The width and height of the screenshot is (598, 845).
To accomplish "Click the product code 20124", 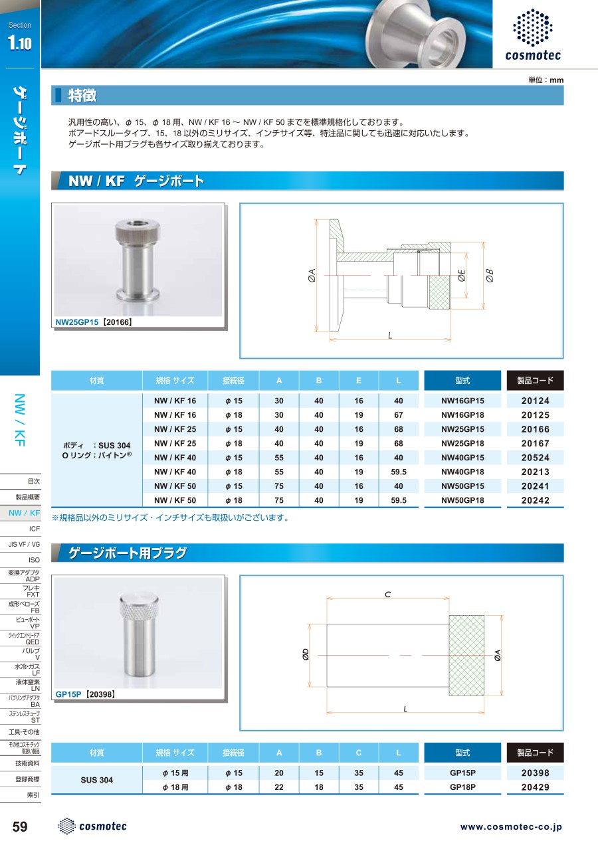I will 535,401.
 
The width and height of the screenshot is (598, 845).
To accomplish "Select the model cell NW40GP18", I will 462,472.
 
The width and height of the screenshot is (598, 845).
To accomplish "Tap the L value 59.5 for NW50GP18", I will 399,500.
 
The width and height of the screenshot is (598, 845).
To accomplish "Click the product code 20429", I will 535,787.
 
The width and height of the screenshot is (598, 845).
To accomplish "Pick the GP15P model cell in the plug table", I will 462,773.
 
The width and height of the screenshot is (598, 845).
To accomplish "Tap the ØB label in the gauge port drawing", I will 490,276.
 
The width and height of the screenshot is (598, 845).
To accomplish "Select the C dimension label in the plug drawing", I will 387,595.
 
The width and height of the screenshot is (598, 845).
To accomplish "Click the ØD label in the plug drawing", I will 306,655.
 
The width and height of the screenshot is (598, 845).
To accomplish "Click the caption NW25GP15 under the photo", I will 77,322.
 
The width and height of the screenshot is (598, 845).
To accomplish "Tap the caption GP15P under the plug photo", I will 68,694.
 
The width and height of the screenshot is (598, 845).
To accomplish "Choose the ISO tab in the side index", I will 34,560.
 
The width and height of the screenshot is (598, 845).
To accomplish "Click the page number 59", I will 20,826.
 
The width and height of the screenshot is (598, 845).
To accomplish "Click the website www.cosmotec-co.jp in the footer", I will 511,827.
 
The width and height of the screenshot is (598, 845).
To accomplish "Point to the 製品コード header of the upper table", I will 535,381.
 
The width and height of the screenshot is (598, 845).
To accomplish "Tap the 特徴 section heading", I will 82,96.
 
